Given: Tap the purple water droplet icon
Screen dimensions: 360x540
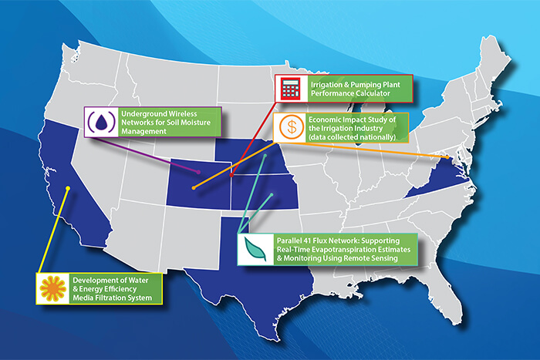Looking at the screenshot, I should [x=100, y=122].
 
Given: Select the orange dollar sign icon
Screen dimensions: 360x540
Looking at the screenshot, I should [x=289, y=126].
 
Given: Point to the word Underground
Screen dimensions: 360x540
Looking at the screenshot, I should [x=141, y=113].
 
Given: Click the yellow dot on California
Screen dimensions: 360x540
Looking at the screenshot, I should [x=68, y=190].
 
